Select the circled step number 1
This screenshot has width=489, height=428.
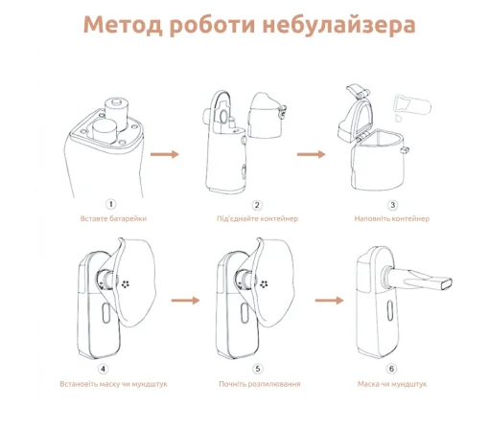coord(111,204)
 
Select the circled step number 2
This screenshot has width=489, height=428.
coord(257,204)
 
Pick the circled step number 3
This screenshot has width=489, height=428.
coord(393,204)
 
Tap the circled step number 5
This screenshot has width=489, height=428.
coord(257,368)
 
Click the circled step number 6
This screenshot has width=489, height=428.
coord(391,368)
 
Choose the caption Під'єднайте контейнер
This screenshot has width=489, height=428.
coord(257,218)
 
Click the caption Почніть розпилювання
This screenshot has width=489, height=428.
coord(257,383)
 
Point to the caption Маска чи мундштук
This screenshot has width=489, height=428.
coord(392,383)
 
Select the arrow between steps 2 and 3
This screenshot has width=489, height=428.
coord(310,152)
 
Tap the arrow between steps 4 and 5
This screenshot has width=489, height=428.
coord(184,300)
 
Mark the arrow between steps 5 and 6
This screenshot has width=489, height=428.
coord(329,300)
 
